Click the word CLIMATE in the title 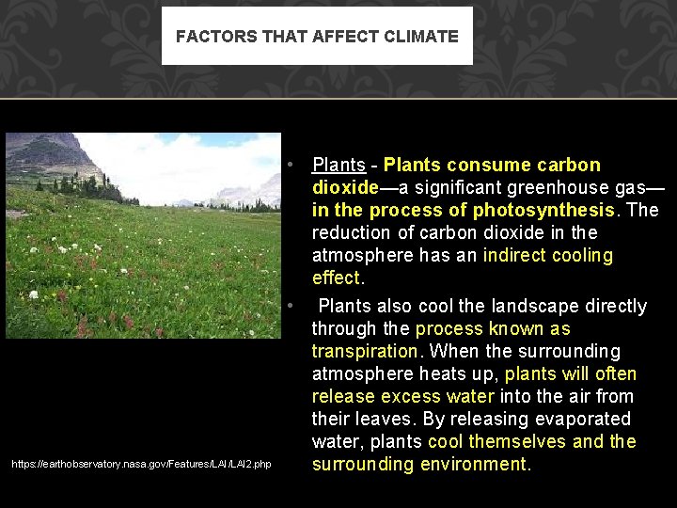(x=421, y=37)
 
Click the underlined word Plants (x=338, y=166)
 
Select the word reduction (x=353, y=233)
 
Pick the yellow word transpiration (x=365, y=352)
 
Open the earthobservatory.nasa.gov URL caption (x=141, y=464)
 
